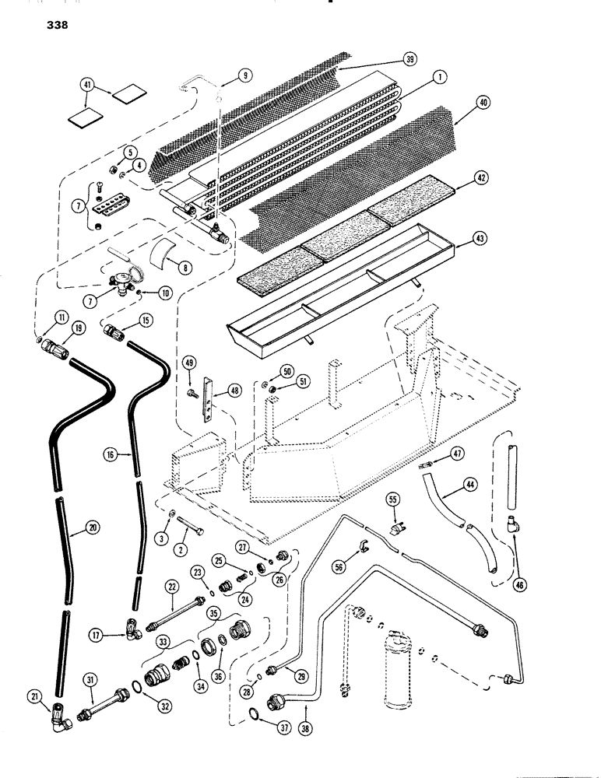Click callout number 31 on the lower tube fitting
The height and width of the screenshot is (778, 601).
click(x=90, y=679)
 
